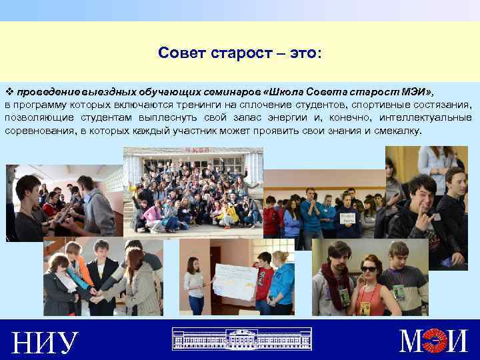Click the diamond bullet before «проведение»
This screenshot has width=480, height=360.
pos(9,91)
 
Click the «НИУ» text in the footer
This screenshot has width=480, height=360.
pos(45,342)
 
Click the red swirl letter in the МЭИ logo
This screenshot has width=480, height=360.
pos(437,341)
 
